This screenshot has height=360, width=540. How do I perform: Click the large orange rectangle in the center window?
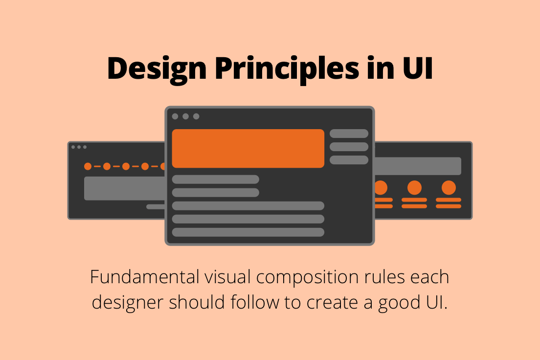248,148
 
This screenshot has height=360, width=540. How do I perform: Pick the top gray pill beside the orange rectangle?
349,134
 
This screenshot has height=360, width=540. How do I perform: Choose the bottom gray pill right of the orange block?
349,160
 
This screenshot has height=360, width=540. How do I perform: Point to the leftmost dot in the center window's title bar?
175,116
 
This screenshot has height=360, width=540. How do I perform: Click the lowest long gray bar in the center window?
248,232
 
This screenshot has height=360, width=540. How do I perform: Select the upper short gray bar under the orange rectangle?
215,180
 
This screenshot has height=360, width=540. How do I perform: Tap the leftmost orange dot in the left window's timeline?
88,166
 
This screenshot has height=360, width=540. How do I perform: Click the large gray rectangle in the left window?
125,188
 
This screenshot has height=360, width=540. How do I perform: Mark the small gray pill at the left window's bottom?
156,206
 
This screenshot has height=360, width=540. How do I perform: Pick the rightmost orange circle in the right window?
449,188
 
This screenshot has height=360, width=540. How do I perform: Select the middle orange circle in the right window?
414,188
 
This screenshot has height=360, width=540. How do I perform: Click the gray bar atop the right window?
418,166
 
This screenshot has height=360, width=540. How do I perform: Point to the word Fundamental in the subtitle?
144,277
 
